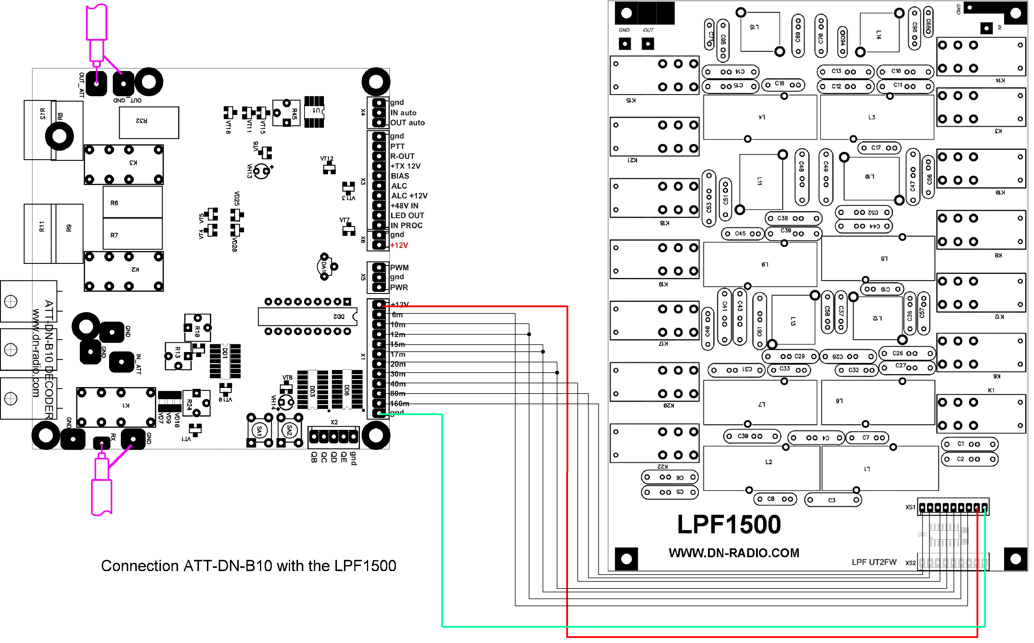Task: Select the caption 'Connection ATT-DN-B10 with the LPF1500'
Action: (x=249, y=566)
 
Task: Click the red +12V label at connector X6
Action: (x=399, y=245)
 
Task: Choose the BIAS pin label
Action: (x=400, y=176)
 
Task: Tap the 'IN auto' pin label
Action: (x=403, y=113)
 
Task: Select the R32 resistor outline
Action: (x=149, y=122)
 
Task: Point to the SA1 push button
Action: (x=259, y=431)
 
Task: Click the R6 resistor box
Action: (x=133, y=203)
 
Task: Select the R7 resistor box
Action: (x=133, y=234)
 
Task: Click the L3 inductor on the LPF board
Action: (x=877, y=117)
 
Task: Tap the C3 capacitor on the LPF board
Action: (x=832, y=500)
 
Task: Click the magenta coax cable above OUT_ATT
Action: (x=96, y=30)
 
